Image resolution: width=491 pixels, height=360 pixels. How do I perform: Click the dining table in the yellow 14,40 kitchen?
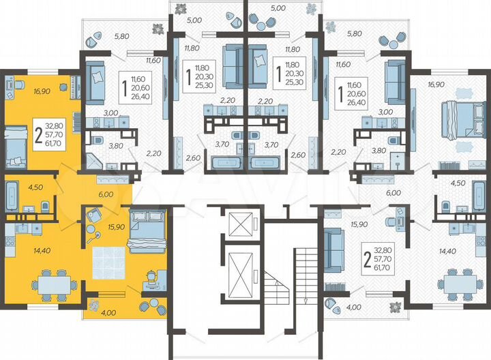point(53,281)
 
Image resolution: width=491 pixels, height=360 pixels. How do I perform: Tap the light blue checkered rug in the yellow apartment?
point(110,260)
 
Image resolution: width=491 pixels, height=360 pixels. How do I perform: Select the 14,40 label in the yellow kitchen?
point(24,250)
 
